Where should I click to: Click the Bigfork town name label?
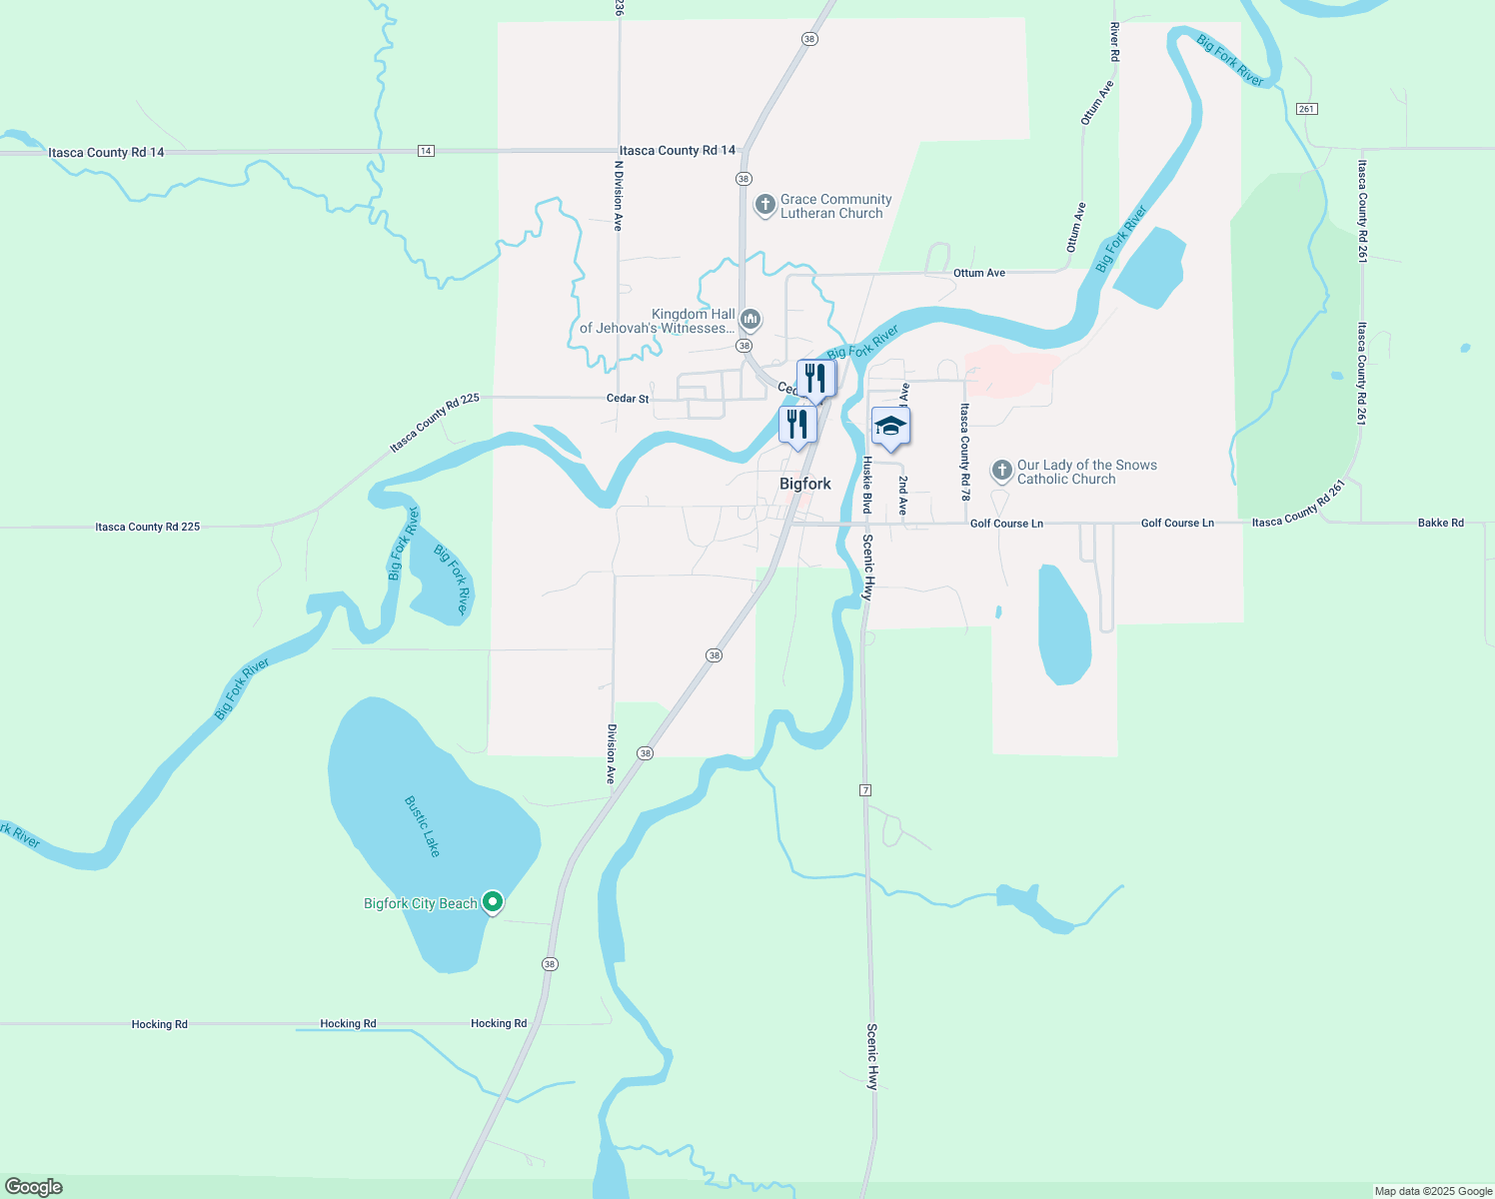(x=804, y=484)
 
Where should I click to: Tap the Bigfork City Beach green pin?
(x=492, y=902)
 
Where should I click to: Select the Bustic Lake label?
(x=422, y=825)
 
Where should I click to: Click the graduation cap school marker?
(x=890, y=427)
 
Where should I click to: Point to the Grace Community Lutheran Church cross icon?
(x=764, y=206)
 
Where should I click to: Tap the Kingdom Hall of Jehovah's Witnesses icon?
(x=750, y=320)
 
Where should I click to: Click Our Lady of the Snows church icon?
(x=1001, y=471)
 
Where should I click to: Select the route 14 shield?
(x=426, y=151)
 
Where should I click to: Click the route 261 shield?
(x=1307, y=108)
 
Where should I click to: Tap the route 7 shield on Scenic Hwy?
(x=865, y=790)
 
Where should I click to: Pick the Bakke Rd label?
(x=1440, y=523)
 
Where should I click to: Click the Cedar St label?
(x=628, y=399)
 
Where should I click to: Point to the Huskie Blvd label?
(x=867, y=485)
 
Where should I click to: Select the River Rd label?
(x=1114, y=43)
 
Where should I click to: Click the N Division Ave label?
(x=619, y=196)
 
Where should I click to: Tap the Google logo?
(x=34, y=1187)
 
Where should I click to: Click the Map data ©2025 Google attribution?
(x=1432, y=1191)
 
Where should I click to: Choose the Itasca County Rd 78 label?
(x=964, y=452)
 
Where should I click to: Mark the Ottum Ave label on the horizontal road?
(x=978, y=273)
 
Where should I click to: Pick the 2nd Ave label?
(x=902, y=495)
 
